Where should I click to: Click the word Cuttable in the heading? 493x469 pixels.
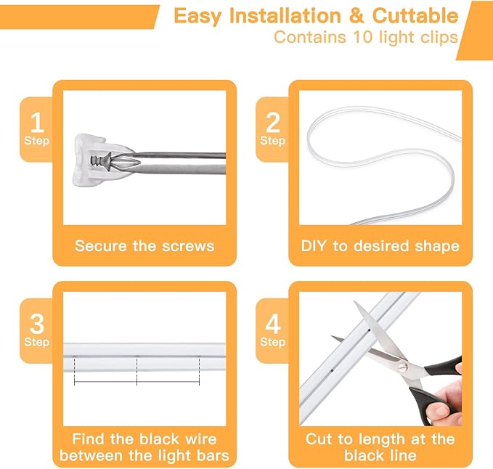pos(415,16)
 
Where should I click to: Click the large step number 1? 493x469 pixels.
pos(37,122)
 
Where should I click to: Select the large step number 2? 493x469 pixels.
pos(273,122)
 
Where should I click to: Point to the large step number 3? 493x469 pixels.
pos(37,324)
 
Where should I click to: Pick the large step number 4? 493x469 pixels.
pos(273,324)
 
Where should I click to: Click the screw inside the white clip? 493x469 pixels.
pos(101,160)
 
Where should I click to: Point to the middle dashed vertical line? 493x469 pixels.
pos(137,370)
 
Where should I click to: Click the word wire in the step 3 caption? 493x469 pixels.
pos(201,439)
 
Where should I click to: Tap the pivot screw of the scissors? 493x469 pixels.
pos(402,366)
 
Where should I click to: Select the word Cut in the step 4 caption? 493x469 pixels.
pos(319,439)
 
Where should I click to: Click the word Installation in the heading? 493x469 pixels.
pos(285,16)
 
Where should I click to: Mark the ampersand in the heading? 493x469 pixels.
pos(356,16)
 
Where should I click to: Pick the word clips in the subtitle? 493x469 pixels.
pos(440,38)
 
